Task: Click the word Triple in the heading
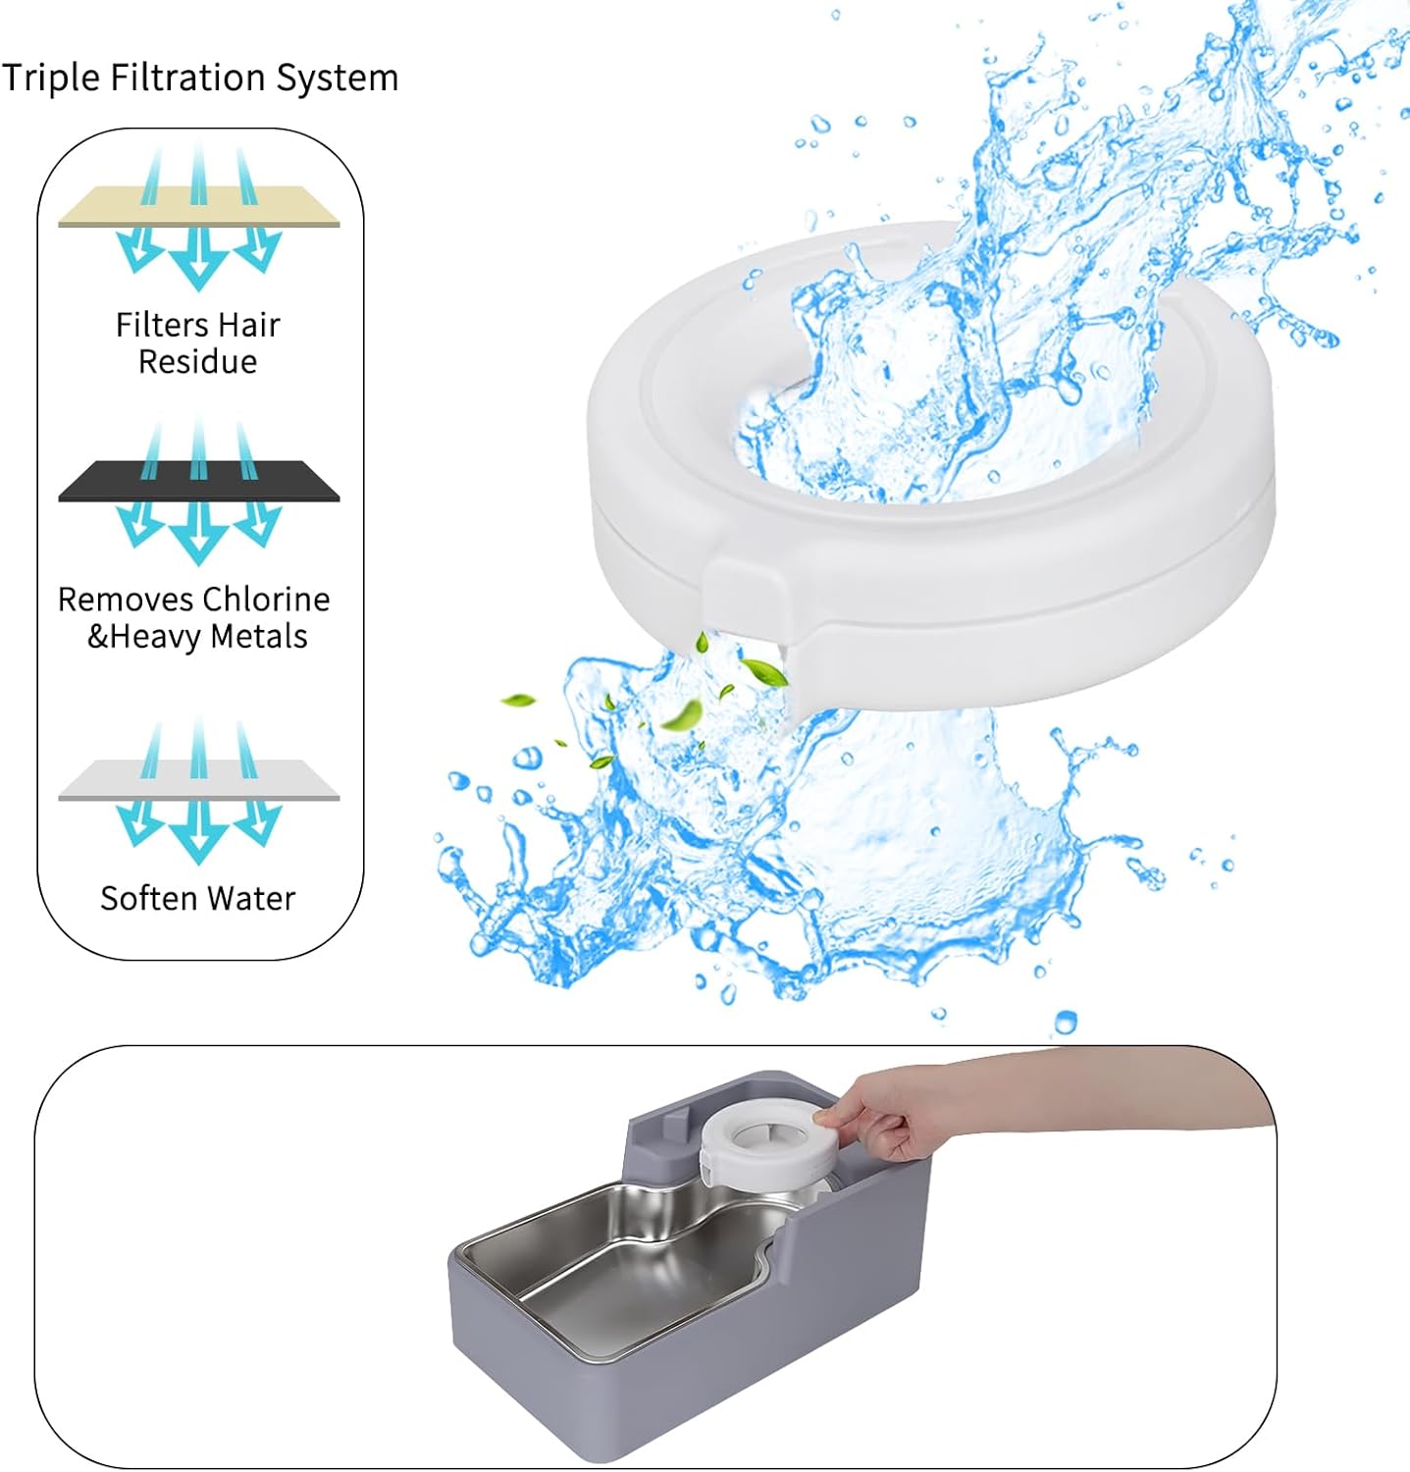[50, 78]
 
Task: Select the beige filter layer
[198, 208]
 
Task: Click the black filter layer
[198, 482]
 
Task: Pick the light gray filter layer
[198, 781]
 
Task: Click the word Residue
[197, 362]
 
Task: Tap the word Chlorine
[265, 600]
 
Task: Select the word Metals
[259, 637]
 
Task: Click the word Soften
[147, 898]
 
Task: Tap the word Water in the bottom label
[253, 898]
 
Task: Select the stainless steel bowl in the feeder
[608, 1266]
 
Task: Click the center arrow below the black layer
[198, 535]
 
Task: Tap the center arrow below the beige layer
[198, 260]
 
